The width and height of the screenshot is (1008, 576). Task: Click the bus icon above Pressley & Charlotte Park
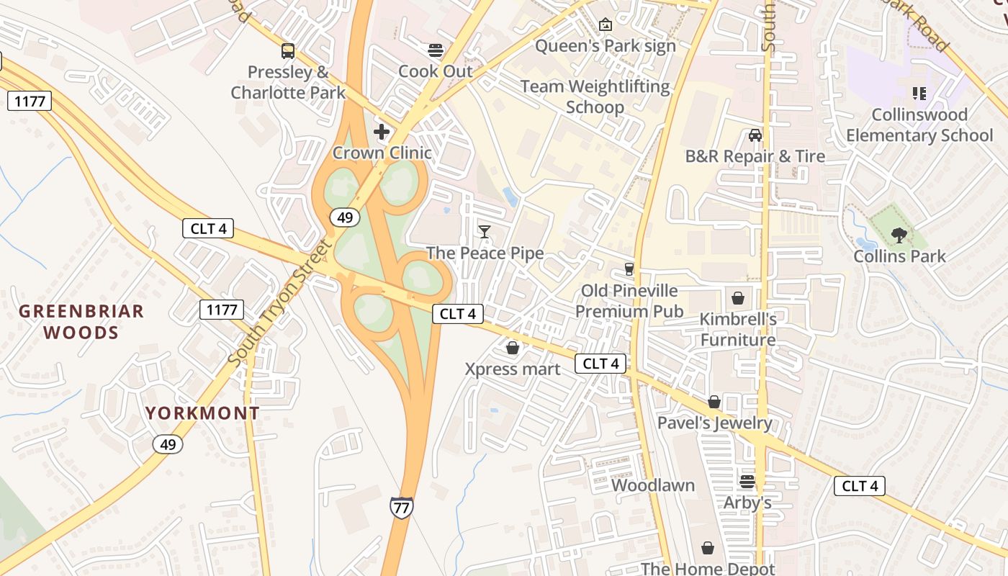[x=288, y=51]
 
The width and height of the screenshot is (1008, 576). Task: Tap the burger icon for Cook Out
[x=436, y=50]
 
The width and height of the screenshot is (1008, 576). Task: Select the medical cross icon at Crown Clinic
[x=382, y=132]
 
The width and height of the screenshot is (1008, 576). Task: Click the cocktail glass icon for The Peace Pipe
[x=485, y=232]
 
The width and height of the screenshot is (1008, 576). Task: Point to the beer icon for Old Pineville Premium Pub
[x=629, y=269]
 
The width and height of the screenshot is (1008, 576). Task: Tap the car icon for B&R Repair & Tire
[x=755, y=135]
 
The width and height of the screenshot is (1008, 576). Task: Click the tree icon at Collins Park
[x=899, y=235]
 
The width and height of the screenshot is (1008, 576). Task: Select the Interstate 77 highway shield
[x=401, y=507]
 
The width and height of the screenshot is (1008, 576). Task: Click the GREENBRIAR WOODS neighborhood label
[x=81, y=322]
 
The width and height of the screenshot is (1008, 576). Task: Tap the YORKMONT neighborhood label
[x=202, y=413]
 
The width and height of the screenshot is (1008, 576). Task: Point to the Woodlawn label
[x=653, y=485]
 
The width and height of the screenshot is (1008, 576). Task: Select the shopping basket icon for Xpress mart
[x=513, y=348]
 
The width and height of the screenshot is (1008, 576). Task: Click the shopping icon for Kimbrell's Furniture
[x=738, y=298]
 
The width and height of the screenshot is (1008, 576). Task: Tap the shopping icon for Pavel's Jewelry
[x=714, y=402]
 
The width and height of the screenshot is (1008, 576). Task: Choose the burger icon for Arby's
[x=747, y=482]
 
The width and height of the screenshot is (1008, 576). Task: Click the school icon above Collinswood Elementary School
[x=919, y=94]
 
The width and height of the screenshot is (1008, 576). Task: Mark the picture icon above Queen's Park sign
[x=606, y=25]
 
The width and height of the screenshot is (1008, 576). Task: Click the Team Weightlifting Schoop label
[x=595, y=97]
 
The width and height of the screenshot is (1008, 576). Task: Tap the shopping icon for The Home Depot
[x=708, y=549]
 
